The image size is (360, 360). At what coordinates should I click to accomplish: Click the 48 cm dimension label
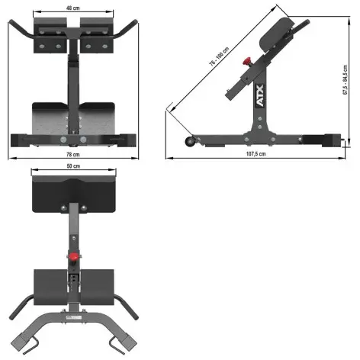click(72, 8)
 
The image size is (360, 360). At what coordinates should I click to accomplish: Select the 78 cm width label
click(72, 155)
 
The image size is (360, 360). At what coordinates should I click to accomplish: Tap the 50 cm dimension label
click(73, 166)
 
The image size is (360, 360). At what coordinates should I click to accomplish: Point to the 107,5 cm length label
click(256, 155)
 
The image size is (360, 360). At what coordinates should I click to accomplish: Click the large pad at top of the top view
click(73, 193)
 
